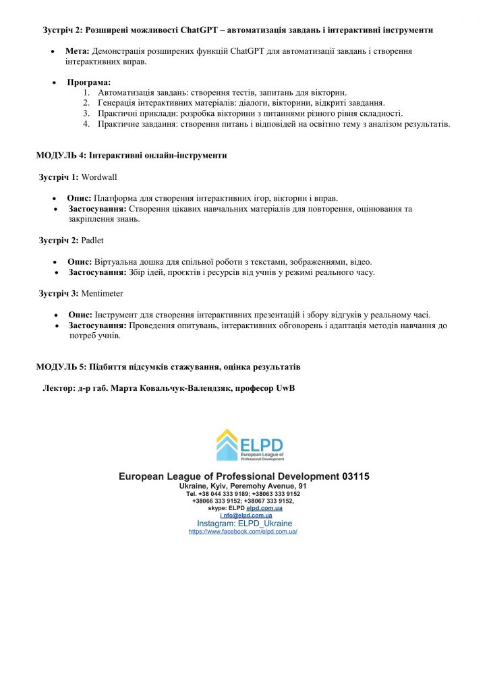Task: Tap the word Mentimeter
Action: (102, 293)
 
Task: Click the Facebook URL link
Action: (243, 531)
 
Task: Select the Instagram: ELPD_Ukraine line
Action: (244, 523)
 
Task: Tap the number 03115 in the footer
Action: (356, 476)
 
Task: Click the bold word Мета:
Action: (77, 51)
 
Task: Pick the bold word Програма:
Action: (89, 82)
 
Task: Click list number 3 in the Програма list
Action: (86, 113)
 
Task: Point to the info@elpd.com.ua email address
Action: (244, 515)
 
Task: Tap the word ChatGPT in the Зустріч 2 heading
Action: (200, 30)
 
